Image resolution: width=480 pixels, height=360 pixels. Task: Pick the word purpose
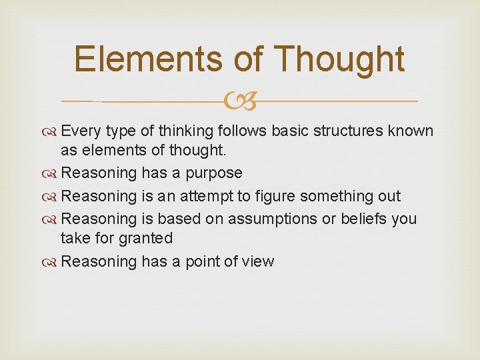click(214, 173)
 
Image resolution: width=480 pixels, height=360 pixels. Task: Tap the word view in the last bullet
click(259, 261)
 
